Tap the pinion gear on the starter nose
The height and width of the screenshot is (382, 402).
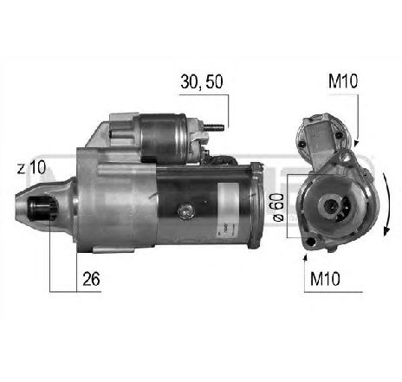click(37, 210)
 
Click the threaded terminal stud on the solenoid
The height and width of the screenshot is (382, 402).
click(217, 130)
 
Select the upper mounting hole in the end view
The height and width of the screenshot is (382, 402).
click(347, 159)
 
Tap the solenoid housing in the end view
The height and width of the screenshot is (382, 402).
click(321, 135)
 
